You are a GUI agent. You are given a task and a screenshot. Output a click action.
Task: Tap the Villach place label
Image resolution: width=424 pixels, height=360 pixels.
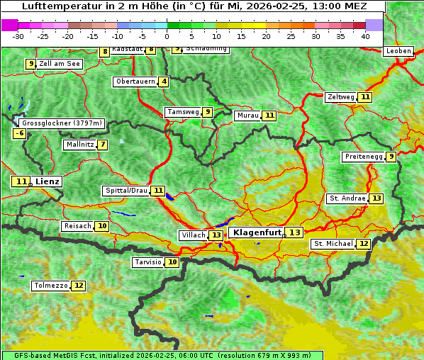194,235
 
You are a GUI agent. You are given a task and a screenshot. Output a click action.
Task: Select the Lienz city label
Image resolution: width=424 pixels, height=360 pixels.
48,181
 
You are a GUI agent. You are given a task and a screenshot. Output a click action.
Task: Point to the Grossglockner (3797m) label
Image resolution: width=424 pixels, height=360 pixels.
62,123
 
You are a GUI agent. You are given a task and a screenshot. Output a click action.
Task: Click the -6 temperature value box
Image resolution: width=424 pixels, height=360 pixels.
20,133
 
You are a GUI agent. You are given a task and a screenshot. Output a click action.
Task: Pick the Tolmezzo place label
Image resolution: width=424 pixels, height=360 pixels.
50,286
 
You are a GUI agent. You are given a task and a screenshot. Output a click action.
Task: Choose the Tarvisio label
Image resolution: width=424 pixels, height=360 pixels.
148,262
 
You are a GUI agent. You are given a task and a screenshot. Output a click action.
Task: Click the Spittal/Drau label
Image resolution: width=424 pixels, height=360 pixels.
126,191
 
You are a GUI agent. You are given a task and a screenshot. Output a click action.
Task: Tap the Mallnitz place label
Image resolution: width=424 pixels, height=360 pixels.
79,145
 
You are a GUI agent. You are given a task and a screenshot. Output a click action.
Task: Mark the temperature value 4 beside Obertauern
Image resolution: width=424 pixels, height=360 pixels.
164,81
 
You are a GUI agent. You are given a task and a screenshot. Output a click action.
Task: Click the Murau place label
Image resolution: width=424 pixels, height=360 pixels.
247,116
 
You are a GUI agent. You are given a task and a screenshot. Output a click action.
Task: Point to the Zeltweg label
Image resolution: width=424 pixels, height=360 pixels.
340,97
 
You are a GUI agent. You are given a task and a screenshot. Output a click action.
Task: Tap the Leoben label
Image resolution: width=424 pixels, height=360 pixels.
398,51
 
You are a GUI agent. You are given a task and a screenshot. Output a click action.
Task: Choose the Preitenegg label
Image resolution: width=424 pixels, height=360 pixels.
364,157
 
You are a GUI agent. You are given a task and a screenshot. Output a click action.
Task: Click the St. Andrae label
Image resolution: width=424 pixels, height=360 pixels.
347,198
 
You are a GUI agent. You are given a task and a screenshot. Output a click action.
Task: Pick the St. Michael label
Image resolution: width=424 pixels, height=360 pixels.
333,244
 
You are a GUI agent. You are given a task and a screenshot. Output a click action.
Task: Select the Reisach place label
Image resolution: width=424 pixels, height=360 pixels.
77,226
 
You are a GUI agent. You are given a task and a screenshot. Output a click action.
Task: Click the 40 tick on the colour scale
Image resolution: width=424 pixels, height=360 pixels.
365,35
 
